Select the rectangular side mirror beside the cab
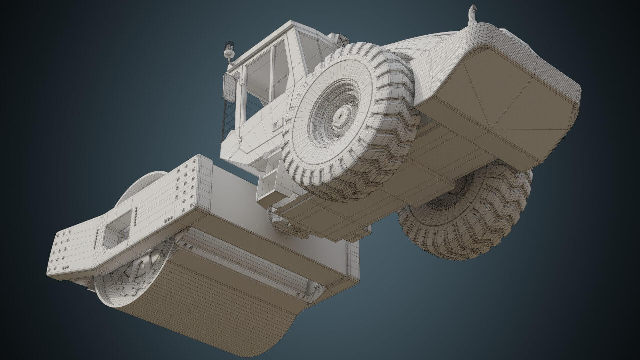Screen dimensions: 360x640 point(229,87)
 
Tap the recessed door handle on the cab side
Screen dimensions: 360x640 point(276,125)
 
